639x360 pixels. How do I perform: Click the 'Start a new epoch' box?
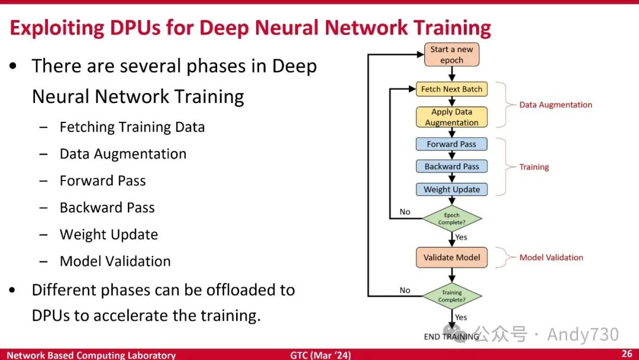(x=451, y=54)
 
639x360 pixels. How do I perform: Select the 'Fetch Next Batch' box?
(x=451, y=89)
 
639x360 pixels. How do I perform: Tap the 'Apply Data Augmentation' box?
(x=451, y=117)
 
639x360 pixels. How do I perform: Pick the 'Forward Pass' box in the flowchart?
(x=451, y=144)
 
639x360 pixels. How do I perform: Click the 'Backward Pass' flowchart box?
(x=451, y=166)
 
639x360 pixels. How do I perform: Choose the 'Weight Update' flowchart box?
(x=451, y=189)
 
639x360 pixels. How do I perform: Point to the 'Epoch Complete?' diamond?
(x=451, y=218)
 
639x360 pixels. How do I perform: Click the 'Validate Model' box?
(x=451, y=258)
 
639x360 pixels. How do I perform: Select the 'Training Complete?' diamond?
(x=451, y=296)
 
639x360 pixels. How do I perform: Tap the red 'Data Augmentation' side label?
(x=556, y=105)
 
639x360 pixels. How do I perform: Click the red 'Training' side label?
(x=534, y=167)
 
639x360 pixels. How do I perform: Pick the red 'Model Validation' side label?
(x=551, y=258)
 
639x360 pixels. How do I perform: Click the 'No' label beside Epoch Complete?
(x=405, y=212)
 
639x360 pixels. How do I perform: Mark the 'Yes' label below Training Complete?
(x=461, y=317)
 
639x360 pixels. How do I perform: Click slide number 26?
(x=627, y=354)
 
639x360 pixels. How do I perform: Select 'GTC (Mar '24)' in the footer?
(x=320, y=355)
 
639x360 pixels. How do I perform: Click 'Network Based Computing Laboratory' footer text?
(x=91, y=355)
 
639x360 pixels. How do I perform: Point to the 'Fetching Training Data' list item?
(x=132, y=127)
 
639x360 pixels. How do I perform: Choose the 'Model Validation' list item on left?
(x=115, y=261)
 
